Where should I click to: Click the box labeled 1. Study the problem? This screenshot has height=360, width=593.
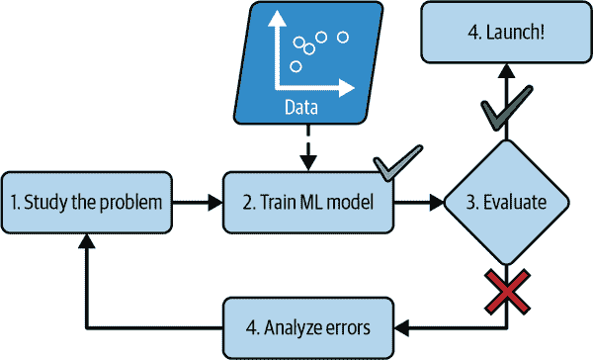[x=87, y=203]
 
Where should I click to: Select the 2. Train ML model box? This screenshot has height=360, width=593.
[x=307, y=203]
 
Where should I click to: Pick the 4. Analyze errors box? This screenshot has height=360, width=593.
[x=307, y=325]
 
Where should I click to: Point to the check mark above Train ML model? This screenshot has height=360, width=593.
[x=396, y=164]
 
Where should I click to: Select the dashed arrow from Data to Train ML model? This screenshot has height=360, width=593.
[x=307, y=147]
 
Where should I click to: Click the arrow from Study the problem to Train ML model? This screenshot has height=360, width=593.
[x=198, y=203]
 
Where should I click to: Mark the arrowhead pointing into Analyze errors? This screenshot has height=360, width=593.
[x=403, y=325]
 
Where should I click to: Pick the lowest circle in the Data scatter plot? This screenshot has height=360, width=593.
[x=296, y=66]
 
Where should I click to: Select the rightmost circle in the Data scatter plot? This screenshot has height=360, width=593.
[x=343, y=38]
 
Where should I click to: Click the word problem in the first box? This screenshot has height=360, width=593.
[x=133, y=203]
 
